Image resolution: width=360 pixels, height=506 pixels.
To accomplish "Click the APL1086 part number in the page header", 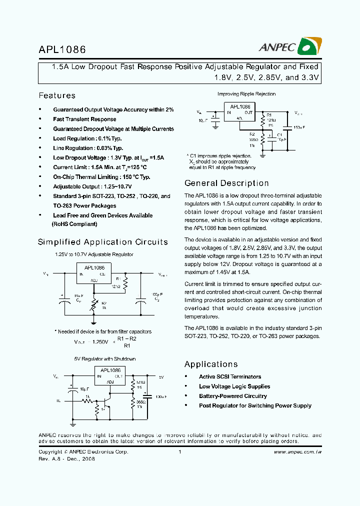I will point(62,49).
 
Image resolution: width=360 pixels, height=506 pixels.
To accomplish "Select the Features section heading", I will point(57,95).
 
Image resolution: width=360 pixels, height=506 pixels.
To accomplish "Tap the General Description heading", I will point(226,183).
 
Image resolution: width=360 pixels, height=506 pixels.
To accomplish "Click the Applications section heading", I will point(211,364).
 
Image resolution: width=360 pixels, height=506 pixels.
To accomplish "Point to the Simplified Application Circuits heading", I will point(103,242).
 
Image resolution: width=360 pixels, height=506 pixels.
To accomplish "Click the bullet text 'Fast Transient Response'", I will point(84,119).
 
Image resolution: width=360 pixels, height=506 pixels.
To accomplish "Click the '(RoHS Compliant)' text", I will point(75,224).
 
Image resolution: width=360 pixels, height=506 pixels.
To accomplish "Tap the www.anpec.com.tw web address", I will point(297,451).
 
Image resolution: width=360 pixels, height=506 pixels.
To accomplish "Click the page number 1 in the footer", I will point(179,451).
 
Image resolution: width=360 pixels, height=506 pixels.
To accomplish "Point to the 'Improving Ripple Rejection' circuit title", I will point(246,94).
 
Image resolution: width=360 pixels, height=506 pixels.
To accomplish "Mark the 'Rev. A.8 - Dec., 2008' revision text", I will point(66,459).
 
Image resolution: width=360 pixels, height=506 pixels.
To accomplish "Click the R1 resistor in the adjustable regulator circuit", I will point(125,283).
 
